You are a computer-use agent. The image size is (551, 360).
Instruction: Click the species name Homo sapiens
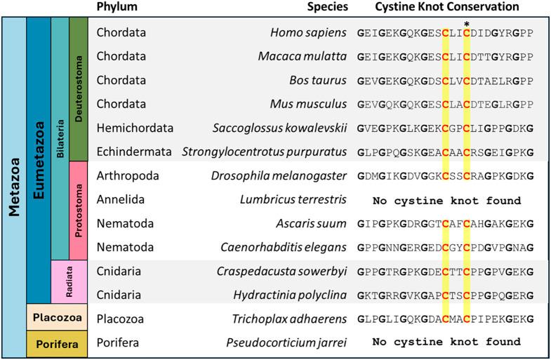309,32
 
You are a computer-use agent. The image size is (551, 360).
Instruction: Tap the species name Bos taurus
318,80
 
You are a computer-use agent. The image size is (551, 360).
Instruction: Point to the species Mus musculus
310,105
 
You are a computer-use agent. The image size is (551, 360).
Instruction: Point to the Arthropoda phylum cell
129,176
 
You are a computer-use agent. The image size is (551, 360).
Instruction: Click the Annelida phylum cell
121,200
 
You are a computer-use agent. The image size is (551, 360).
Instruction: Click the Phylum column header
117,7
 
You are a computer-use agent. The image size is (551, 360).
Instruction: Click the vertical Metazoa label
13,186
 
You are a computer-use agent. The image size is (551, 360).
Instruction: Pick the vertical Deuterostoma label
79,88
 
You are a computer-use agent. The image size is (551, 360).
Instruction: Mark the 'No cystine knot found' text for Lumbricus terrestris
446,201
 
